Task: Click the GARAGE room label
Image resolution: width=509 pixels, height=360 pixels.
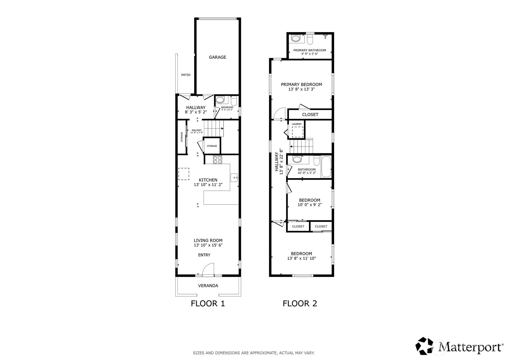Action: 217,57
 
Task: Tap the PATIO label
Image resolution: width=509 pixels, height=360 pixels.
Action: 186,75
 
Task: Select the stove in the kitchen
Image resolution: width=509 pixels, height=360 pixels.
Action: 217,160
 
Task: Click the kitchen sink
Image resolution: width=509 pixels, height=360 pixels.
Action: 234,178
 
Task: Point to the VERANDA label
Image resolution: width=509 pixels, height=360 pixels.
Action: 208,285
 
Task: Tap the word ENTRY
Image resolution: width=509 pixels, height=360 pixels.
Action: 204,255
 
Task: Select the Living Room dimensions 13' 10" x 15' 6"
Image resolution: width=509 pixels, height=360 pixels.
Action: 208,245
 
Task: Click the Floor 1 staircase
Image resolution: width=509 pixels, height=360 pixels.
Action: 215,128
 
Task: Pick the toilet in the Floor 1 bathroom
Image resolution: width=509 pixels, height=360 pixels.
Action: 234,101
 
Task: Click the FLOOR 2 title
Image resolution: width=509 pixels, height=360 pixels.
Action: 300,303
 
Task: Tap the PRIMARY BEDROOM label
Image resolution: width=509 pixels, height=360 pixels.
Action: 301,84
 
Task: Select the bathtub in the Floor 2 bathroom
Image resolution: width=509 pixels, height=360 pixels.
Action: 326,167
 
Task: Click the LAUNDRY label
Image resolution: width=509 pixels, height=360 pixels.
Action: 297,124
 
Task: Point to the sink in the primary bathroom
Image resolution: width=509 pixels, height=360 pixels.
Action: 296,39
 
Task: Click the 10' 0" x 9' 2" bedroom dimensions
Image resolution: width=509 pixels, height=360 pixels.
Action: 309,205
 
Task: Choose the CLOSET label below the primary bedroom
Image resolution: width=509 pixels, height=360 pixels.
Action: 310,114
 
